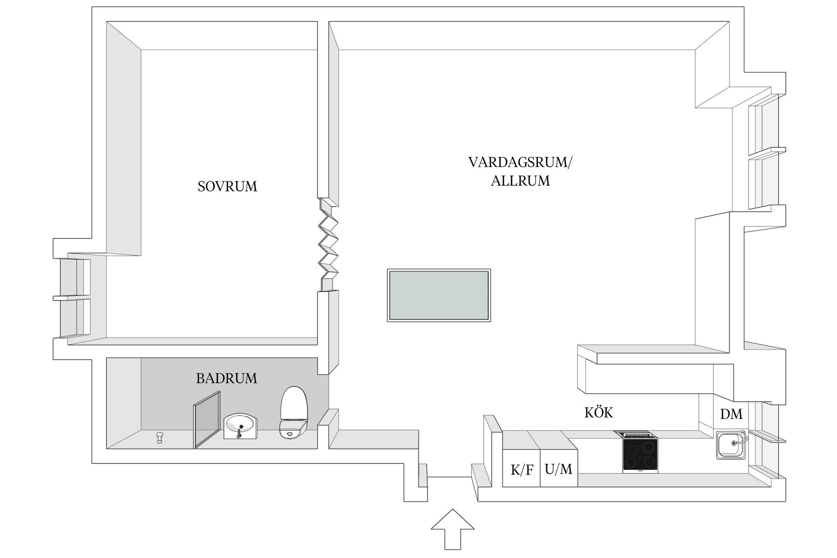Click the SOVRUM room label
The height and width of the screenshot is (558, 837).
(x=227, y=187)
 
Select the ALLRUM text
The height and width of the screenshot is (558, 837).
(x=521, y=181)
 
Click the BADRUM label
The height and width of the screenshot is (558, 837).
(x=226, y=378)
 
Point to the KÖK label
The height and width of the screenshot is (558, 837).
(x=599, y=412)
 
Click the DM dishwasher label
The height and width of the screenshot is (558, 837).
(x=731, y=414)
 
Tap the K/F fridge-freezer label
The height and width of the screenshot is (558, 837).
(x=522, y=470)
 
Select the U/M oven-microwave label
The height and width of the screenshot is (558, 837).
(x=558, y=470)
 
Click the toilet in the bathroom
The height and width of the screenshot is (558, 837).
(x=294, y=412)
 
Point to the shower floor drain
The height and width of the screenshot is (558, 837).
(x=160, y=437)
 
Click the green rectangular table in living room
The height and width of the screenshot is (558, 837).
(x=439, y=296)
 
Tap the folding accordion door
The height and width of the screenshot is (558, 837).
(x=328, y=244)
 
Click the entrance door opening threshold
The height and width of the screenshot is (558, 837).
(x=449, y=477)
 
